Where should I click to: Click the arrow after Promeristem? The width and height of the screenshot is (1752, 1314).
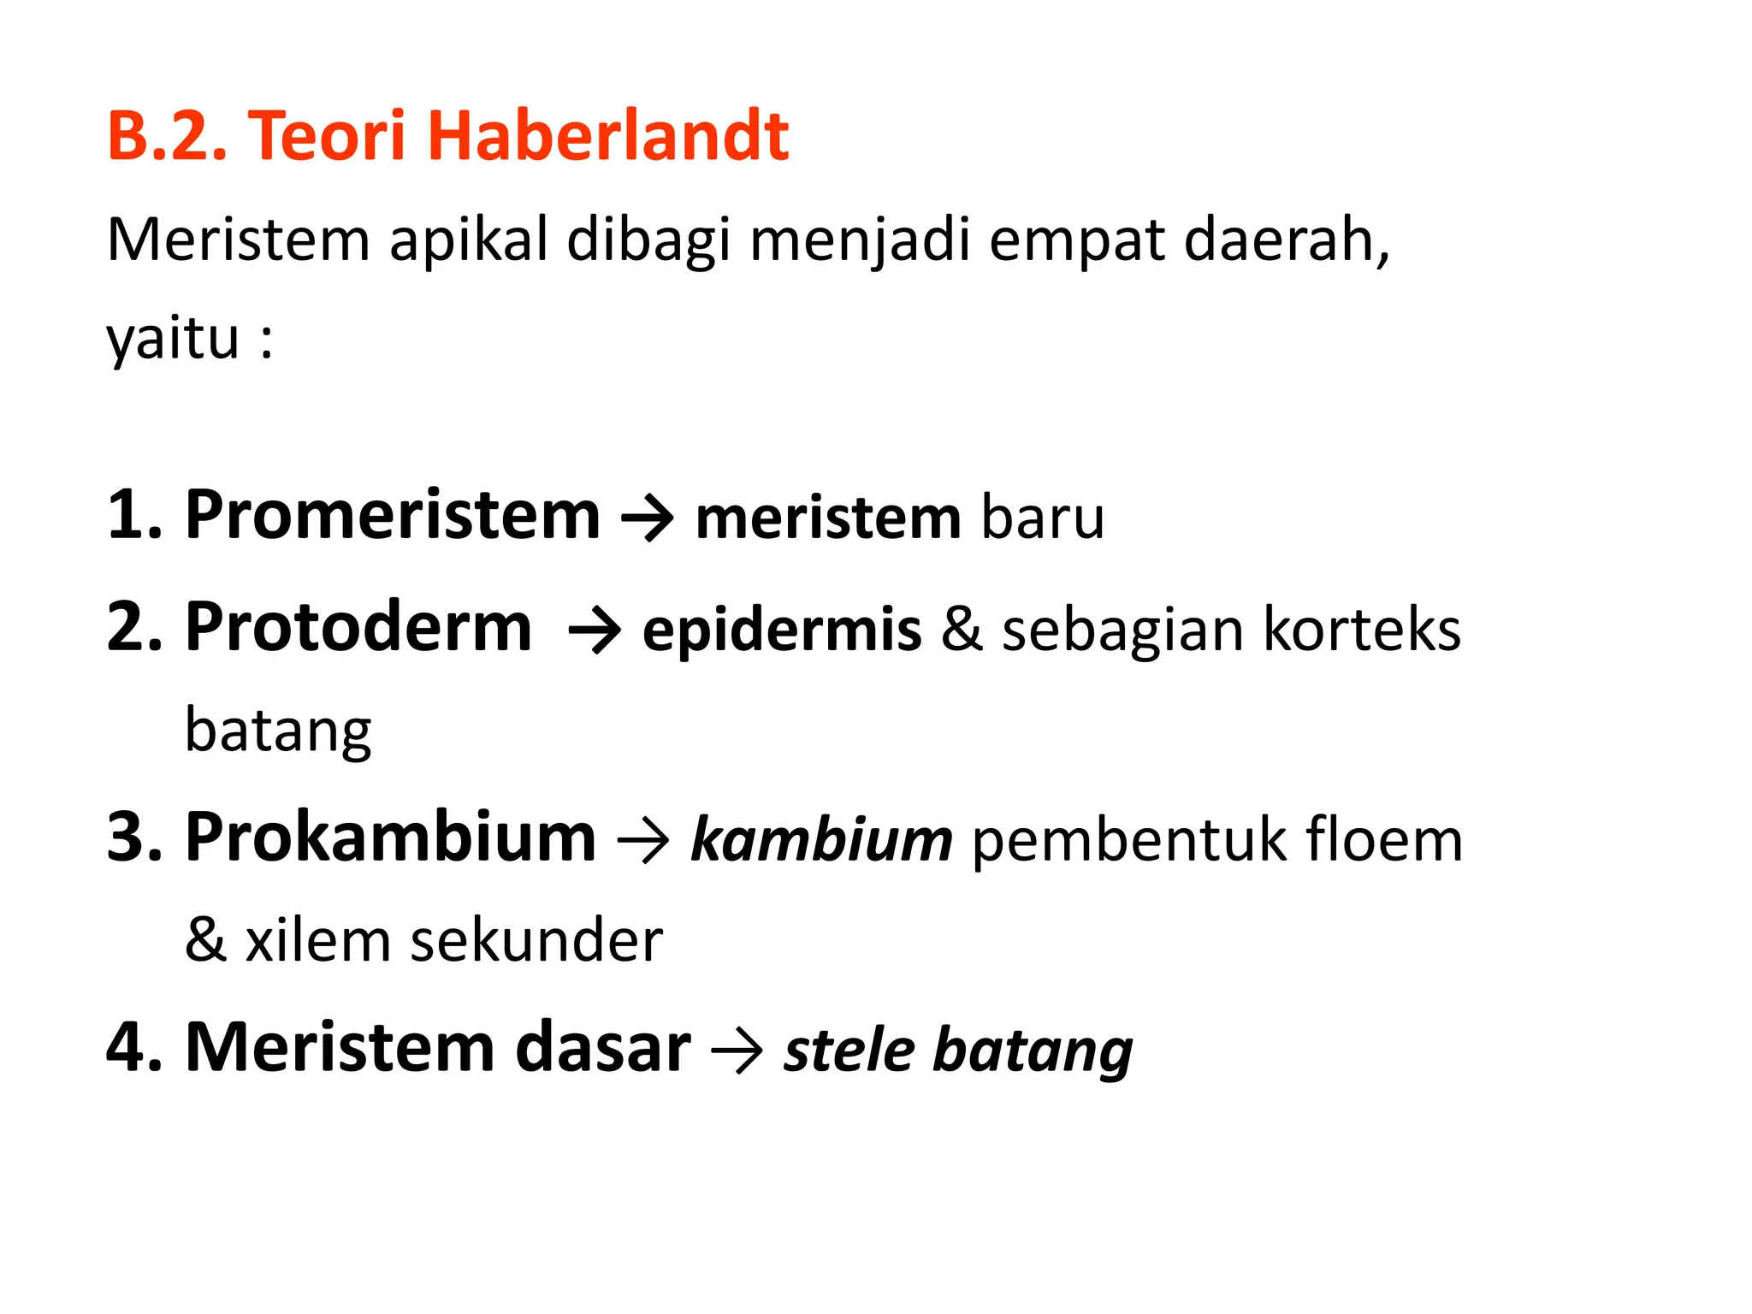[x=648, y=518]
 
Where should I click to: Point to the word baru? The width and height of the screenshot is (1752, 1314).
[x=1042, y=518]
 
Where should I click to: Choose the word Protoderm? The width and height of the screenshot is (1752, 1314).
[x=358, y=627]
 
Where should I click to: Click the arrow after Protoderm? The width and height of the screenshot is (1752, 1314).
[x=595, y=631]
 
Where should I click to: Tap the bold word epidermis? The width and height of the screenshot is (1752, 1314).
[x=782, y=631]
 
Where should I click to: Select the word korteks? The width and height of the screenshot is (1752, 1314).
[x=1361, y=630]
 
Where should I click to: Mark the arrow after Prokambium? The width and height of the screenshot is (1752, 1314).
[x=642, y=842]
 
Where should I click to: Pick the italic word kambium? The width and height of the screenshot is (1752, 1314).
[x=821, y=840]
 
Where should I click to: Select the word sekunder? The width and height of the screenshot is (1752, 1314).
[x=536, y=940]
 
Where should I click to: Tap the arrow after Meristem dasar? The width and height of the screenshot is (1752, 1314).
[x=737, y=1051]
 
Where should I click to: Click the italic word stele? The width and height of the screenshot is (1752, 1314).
[x=849, y=1050]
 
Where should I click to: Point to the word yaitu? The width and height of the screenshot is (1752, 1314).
[x=173, y=339]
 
